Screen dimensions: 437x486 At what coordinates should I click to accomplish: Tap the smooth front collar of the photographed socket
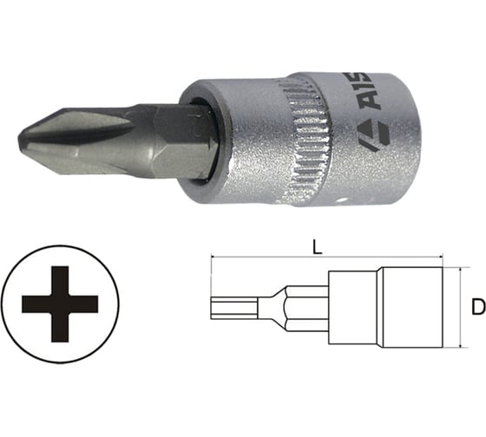234,139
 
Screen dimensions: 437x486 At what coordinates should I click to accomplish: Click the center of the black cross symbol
60,303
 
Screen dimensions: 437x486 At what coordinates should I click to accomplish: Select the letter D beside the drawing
472,305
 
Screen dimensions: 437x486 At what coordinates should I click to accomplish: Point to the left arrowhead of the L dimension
213,258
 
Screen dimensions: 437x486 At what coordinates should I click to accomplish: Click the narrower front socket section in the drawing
351,305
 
